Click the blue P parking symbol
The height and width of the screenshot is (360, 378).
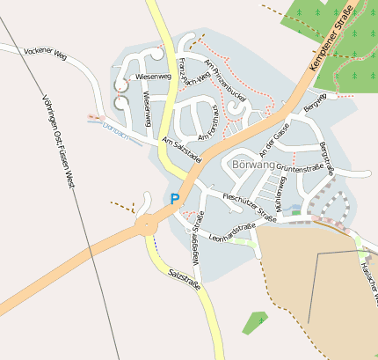coord(175,199)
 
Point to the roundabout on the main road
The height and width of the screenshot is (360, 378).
coord(146,226)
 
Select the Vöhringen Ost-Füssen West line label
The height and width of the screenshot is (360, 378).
coord(58,141)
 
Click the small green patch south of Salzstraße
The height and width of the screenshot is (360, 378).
coord(255,322)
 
